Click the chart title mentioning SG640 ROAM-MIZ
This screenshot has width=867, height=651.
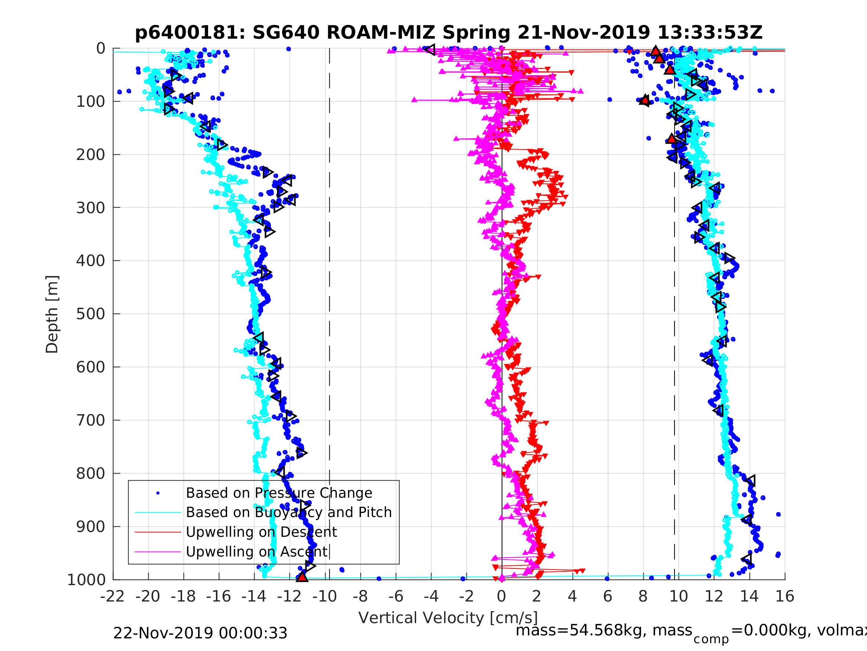tap(449, 33)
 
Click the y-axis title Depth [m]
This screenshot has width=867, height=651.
tap(52, 314)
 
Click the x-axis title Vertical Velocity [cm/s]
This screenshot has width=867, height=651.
tap(448, 617)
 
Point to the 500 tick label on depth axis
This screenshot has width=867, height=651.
tap(91, 314)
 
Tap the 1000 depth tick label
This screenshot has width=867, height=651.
tap(86, 580)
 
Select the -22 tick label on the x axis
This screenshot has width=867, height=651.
tap(113, 596)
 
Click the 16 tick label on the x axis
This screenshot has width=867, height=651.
tap(785, 596)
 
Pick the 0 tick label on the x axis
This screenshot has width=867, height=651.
tap(501, 596)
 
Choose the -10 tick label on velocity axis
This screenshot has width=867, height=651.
tap(324, 596)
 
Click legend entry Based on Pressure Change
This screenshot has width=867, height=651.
tap(279, 493)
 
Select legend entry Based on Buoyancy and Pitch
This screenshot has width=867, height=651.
tap(288, 512)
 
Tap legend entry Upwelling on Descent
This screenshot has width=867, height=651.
tap(261, 532)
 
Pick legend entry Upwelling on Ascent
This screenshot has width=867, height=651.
tap(256, 551)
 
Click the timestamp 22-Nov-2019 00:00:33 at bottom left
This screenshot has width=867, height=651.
tap(200, 633)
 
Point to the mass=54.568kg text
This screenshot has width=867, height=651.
tap(604, 630)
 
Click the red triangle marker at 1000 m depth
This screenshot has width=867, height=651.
tap(302, 577)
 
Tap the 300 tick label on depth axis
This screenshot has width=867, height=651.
tap(91, 208)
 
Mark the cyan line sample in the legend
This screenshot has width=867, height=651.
tap(158, 513)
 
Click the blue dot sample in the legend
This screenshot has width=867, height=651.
tap(158, 493)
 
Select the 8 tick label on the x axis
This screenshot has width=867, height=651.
tap(643, 596)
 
